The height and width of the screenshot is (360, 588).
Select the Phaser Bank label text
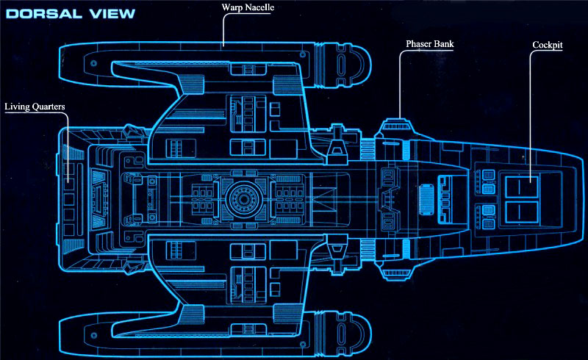430,44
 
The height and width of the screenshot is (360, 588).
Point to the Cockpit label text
548,45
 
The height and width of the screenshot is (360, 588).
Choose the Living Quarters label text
35,107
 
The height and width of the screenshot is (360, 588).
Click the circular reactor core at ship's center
242,198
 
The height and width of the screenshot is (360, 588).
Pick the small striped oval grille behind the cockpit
426,198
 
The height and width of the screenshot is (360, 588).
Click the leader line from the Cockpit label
531,110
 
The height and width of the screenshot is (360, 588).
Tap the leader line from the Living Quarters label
68,147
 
